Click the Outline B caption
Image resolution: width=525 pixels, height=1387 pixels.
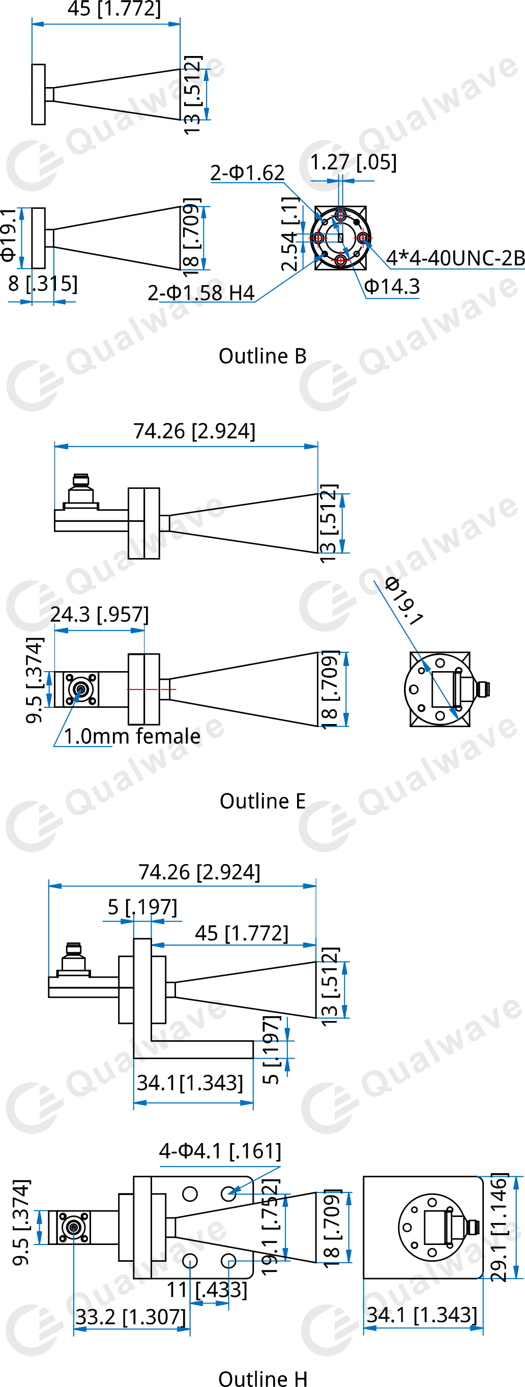tap(262, 356)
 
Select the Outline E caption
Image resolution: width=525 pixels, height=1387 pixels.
tap(262, 801)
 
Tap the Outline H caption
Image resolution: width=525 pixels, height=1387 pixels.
tap(262, 1377)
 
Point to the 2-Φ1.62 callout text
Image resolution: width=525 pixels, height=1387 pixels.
tap(247, 173)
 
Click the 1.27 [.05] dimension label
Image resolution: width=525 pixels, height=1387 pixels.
tap(354, 162)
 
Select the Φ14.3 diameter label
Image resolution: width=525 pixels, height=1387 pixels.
tap(392, 287)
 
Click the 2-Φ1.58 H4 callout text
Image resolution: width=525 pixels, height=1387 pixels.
tap(200, 293)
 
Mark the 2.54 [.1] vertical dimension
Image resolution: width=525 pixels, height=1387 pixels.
tap(290, 234)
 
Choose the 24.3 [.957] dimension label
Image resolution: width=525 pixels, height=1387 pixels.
tap(100, 615)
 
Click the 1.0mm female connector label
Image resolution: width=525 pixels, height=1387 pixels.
tap(132, 736)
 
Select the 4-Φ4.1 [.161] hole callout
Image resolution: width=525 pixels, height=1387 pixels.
tap(220, 1151)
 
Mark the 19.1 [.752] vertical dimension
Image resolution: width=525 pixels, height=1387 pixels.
tap(271, 1226)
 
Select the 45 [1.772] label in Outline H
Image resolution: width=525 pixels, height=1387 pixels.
tap(242, 933)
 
